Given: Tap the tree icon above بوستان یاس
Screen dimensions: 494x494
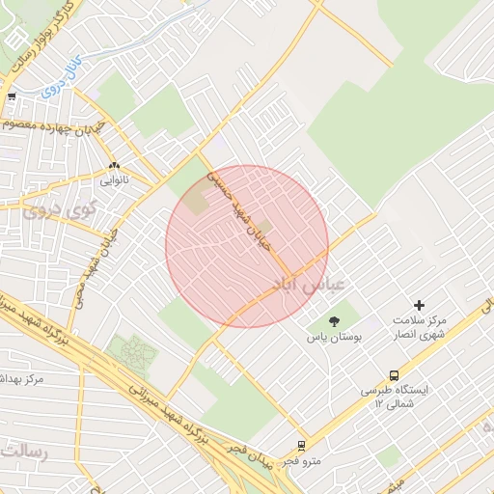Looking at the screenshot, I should point(335,320).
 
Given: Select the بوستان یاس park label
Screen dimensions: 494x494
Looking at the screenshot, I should point(334,337).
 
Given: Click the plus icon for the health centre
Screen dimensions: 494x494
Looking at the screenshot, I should point(419,305).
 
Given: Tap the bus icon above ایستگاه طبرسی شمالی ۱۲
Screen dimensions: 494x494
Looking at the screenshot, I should point(394,375).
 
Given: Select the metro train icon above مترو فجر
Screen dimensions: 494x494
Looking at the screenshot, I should point(302,446).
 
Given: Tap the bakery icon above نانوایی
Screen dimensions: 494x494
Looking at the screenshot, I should point(114,165).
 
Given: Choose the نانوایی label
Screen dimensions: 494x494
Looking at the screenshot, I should point(113,180).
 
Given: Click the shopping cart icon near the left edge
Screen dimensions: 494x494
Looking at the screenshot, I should point(11,96).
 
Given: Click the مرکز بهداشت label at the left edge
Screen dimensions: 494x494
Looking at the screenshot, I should point(21,379).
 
